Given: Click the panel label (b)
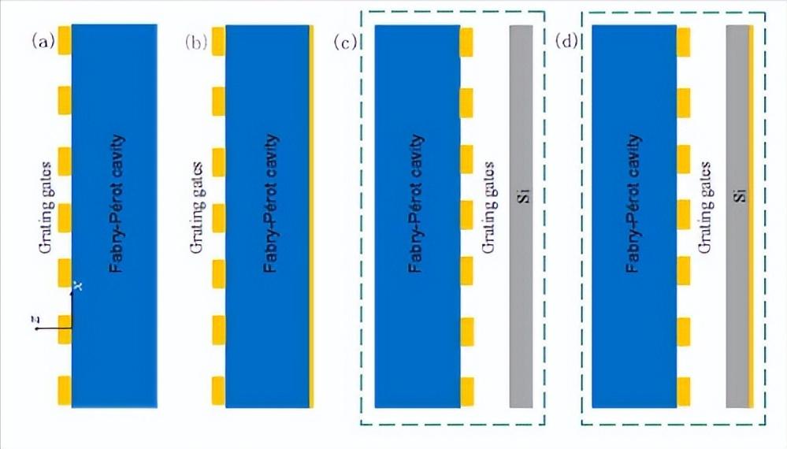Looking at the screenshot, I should tap(197, 42).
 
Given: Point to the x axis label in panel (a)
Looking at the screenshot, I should tap(76, 285).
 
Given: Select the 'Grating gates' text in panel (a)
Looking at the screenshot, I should tap(46, 209).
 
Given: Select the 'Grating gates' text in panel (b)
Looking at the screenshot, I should tap(198, 209).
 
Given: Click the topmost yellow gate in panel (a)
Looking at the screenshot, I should tap(64, 41).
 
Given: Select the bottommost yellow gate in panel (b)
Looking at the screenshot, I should tap(218, 390).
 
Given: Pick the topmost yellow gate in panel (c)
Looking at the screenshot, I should tap(466, 43).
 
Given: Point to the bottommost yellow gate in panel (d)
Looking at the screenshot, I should tap(684, 391).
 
